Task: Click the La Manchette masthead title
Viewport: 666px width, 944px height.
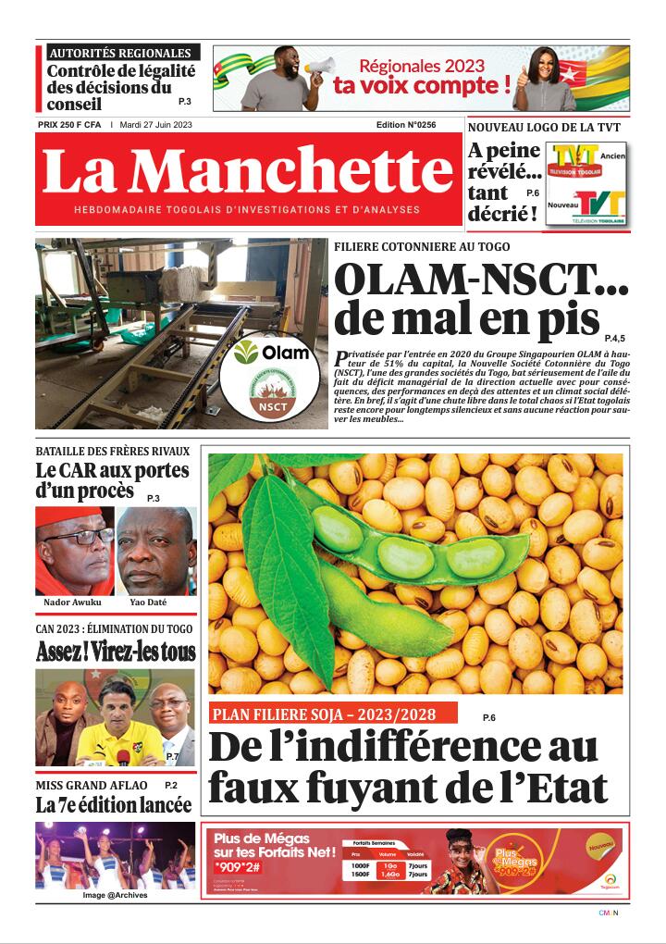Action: click(248, 171)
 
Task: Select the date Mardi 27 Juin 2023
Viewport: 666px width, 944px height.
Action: click(156, 124)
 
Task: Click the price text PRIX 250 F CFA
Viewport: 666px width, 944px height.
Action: click(69, 124)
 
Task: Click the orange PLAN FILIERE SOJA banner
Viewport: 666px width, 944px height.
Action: click(333, 714)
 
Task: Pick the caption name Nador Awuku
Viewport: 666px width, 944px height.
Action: click(73, 602)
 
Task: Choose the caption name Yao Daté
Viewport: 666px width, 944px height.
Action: click(155, 602)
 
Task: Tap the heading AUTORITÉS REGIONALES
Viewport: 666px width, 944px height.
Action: click(119, 54)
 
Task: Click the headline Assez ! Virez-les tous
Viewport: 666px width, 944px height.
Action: click(116, 652)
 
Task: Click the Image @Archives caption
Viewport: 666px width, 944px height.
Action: click(115, 895)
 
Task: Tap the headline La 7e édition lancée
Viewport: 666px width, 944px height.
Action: click(113, 805)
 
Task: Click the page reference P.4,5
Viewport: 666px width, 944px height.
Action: click(615, 339)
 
